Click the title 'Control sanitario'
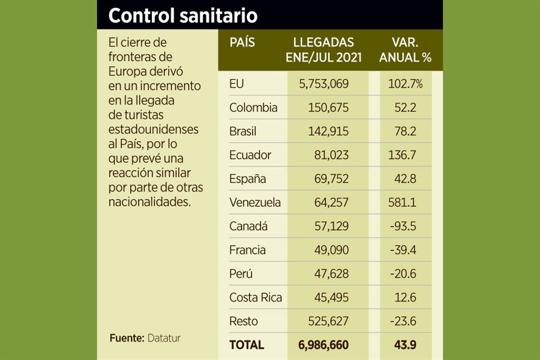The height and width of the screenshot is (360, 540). (x=183, y=16)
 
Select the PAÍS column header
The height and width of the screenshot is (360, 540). (x=242, y=43)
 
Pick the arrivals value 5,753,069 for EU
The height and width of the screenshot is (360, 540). (x=324, y=84)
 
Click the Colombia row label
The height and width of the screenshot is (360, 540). (x=253, y=107)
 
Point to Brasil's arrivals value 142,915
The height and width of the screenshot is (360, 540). (x=328, y=131)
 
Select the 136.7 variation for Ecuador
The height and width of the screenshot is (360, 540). (x=402, y=155)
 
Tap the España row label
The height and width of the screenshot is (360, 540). (x=248, y=179)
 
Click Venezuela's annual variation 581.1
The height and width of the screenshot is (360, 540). (x=402, y=202)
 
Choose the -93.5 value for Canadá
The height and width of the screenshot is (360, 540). (x=404, y=226)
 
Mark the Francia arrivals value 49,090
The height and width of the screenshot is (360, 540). (x=331, y=250)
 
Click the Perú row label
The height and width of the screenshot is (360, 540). (x=241, y=273)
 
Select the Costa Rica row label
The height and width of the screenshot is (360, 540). (x=255, y=298)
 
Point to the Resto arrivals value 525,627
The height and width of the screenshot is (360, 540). (x=328, y=321)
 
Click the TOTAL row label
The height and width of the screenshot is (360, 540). (x=246, y=344)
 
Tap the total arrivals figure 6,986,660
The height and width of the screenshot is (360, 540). (x=325, y=344)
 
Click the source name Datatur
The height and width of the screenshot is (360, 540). (x=164, y=338)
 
